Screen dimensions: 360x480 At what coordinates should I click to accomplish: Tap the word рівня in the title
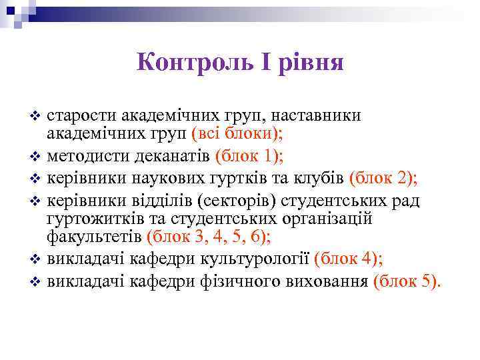(x=311, y=63)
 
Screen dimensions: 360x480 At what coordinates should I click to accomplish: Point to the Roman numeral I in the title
(x=264, y=63)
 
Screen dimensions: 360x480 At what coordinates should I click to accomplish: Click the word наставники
(x=315, y=116)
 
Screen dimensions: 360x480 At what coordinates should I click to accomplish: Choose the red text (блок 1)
(x=249, y=157)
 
